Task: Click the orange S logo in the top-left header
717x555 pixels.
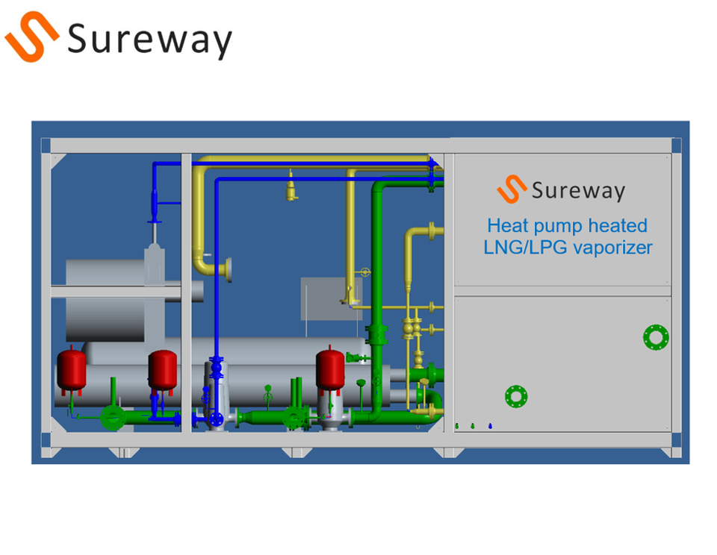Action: click(32, 37)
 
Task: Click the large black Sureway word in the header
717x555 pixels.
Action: click(150, 40)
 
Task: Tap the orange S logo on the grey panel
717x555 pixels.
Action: click(512, 189)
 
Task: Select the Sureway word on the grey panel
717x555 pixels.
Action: click(578, 190)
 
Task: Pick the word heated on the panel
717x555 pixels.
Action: click(618, 225)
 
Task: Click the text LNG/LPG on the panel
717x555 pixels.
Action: click(525, 248)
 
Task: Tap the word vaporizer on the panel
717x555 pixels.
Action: click(612, 248)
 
